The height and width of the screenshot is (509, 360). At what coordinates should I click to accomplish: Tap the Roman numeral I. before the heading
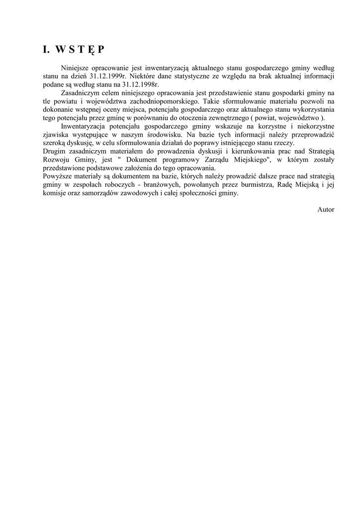pyautogui.click(x=46, y=49)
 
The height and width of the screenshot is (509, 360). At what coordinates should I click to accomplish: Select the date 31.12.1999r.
pyautogui.click(x=108, y=77)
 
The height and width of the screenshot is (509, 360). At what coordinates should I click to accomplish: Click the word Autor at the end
pyautogui.click(x=326, y=210)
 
